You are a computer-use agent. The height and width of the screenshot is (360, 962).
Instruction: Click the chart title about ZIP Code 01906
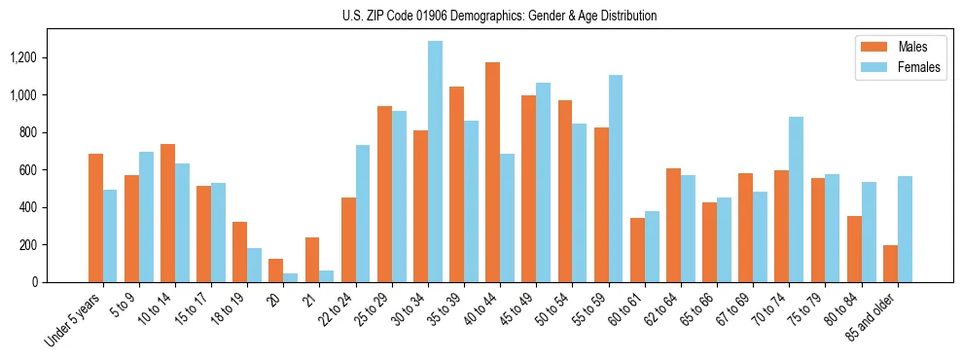(x=499, y=16)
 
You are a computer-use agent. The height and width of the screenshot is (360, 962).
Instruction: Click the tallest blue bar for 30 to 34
(x=435, y=162)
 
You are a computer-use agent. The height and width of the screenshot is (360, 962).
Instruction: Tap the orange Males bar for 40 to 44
(x=492, y=172)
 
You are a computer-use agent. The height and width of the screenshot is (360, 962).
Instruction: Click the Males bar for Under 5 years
(x=95, y=218)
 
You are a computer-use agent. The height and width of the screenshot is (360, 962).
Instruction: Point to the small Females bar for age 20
(x=290, y=277)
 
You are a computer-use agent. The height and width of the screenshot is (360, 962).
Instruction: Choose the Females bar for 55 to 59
(x=616, y=179)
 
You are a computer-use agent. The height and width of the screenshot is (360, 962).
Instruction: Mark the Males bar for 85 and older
(x=890, y=264)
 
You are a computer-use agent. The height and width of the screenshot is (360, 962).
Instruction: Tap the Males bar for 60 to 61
(x=637, y=250)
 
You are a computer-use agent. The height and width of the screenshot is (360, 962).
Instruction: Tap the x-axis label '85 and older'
(x=873, y=319)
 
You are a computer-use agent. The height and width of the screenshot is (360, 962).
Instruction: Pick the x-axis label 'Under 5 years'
(x=76, y=321)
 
